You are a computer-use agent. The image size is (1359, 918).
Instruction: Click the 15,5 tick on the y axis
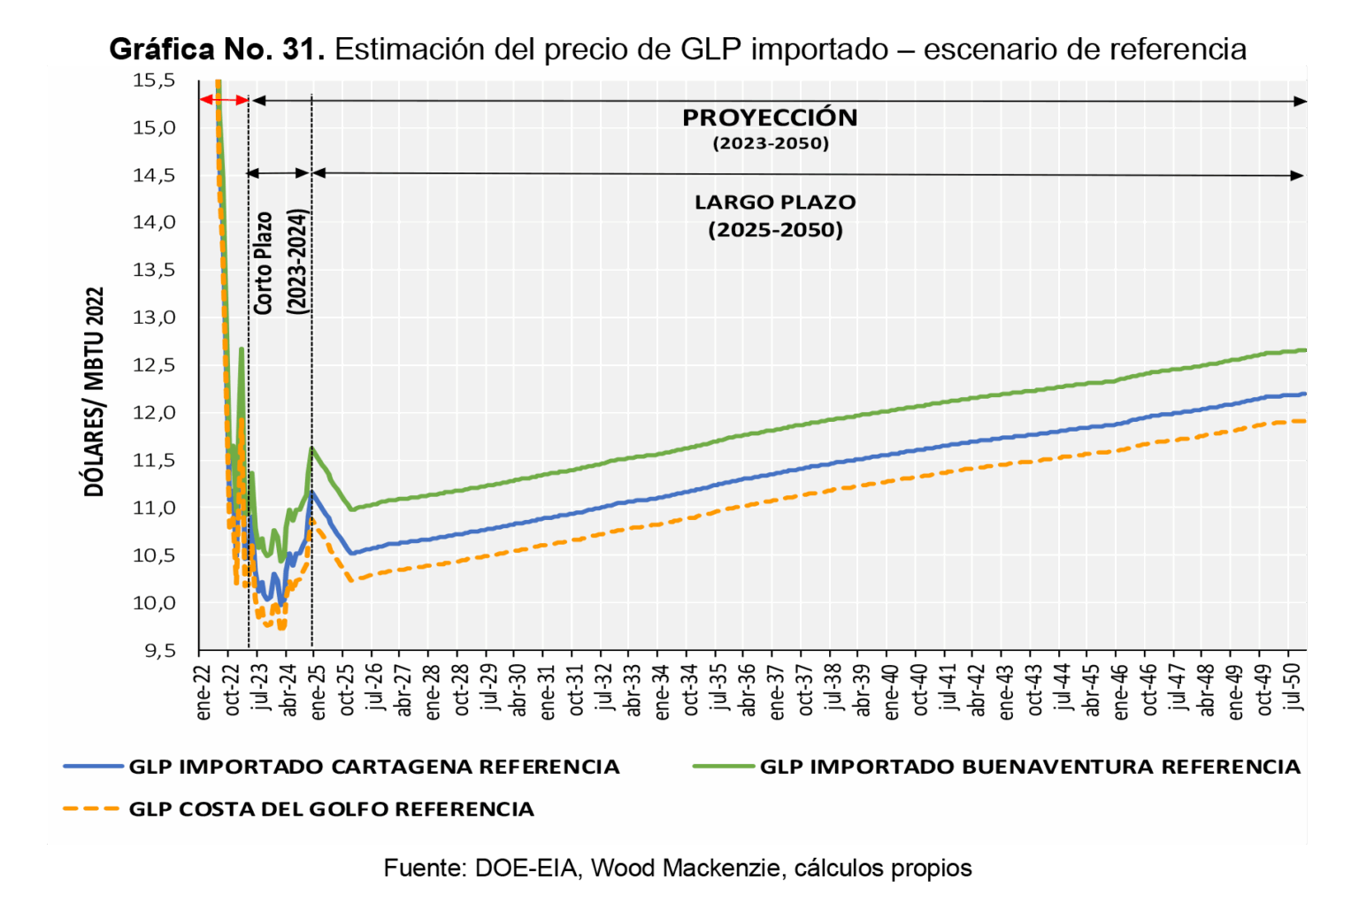154,81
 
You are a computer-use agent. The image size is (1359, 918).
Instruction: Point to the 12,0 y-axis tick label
154,413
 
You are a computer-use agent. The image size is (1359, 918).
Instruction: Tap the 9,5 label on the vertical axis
154,651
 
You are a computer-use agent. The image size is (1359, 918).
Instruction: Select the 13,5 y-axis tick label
154,271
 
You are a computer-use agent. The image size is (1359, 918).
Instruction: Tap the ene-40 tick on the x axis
891,691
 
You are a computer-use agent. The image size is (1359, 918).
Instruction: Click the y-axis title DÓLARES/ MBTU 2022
95,392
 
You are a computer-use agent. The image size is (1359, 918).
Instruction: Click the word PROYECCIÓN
770,118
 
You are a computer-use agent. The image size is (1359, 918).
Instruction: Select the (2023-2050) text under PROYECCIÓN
771,143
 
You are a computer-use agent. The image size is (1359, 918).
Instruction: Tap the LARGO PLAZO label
775,203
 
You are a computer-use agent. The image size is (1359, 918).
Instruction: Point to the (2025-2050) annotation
775,231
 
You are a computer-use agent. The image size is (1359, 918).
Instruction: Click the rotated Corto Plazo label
263,263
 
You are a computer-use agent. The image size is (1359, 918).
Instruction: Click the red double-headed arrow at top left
224,99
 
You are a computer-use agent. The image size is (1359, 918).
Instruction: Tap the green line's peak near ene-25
312,448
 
